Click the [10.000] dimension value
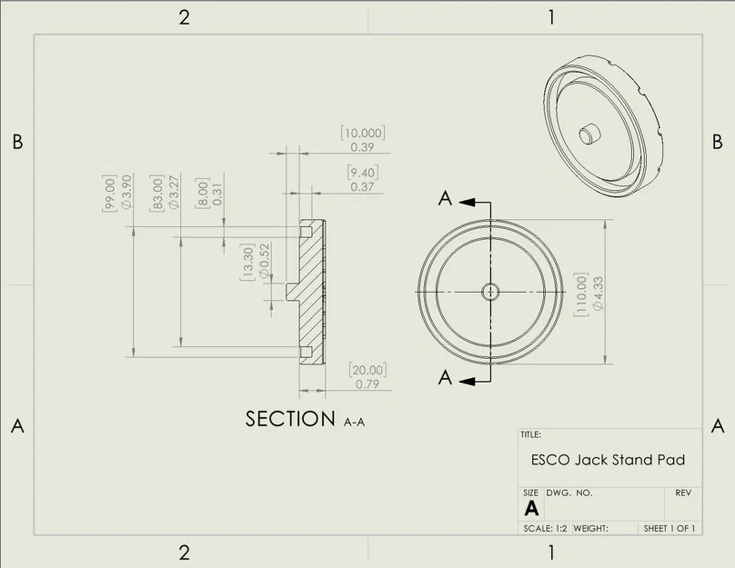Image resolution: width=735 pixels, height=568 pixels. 363,133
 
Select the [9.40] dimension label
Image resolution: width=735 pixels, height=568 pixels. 363,173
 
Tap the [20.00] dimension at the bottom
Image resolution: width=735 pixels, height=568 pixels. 367,370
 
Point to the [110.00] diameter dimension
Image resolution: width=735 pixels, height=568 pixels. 581,294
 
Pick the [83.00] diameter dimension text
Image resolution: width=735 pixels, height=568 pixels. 158,193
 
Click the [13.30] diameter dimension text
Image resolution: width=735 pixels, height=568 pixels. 247,263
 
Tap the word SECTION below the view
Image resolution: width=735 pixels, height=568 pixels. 290,419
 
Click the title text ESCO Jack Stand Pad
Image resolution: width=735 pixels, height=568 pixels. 608,460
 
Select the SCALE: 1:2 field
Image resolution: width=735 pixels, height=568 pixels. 549,528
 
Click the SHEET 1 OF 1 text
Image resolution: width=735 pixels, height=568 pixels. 670,528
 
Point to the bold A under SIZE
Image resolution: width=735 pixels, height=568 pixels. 531,508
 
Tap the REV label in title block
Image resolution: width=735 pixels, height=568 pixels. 683,493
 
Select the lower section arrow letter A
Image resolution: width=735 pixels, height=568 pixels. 445,378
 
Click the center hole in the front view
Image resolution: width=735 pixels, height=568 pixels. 490,291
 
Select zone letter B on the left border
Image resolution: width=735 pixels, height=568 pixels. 16,142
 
